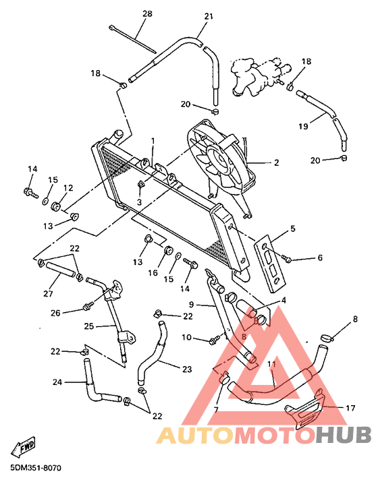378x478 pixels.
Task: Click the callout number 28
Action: [147, 13]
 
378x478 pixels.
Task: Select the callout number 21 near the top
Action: [208, 16]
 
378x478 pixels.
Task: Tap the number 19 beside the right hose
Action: [303, 125]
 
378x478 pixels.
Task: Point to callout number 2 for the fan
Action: [276, 162]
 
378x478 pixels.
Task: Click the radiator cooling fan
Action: [221, 158]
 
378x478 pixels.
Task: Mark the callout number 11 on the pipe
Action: [271, 364]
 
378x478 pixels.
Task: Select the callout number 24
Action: [57, 382]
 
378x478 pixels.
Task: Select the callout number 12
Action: [68, 188]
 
